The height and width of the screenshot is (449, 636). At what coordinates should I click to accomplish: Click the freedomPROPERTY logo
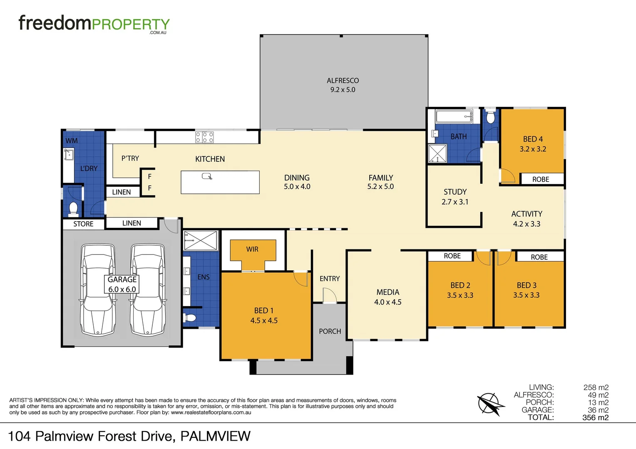tap(94, 24)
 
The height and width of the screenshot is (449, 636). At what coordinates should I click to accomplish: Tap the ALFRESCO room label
tap(343, 81)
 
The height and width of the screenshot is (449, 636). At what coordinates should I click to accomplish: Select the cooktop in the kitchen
tap(204, 137)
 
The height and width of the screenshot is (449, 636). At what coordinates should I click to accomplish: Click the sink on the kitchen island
tap(207, 176)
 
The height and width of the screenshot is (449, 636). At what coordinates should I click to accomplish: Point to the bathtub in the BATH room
tap(454, 116)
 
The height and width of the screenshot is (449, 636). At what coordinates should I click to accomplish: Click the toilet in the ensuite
tap(190, 318)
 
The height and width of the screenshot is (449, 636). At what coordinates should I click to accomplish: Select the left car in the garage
tap(98, 290)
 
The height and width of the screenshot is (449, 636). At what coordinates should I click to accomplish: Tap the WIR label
tap(252, 249)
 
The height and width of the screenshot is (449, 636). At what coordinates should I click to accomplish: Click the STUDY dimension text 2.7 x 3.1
tap(455, 202)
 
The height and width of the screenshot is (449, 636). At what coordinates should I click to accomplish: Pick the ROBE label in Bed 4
tap(541, 179)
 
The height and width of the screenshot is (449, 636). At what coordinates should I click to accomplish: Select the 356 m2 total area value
tap(595, 418)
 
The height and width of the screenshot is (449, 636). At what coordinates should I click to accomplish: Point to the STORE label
tap(83, 224)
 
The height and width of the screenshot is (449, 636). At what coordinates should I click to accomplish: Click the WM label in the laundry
tap(72, 141)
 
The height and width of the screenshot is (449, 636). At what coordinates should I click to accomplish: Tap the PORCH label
tap(330, 331)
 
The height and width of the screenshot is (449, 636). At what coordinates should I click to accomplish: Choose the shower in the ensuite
tap(201, 240)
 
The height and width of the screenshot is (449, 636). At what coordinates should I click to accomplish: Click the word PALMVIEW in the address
tap(215, 436)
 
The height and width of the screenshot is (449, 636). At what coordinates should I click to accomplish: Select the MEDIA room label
tap(388, 292)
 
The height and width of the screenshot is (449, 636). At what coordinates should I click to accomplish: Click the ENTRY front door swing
tap(329, 295)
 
